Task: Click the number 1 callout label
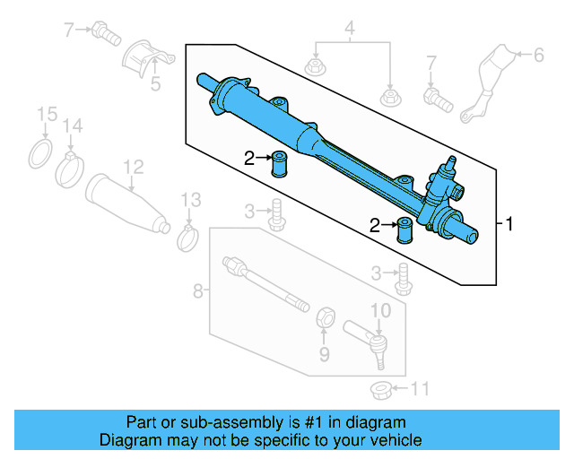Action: pos(510,224)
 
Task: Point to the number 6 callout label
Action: pos(538,56)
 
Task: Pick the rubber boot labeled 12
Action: pos(126,203)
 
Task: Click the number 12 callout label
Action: pos(133,166)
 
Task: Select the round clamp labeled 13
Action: pos(188,238)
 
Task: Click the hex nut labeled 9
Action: pos(326,316)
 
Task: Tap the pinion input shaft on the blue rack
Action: pos(448,161)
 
